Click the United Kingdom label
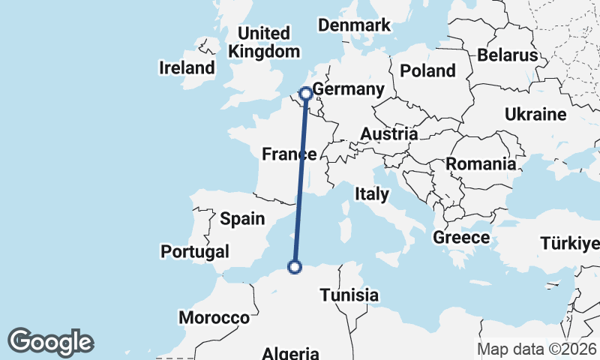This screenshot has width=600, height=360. tap(263, 43)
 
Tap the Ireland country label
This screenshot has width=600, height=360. tap(187, 68)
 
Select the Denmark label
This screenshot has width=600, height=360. tap(354, 25)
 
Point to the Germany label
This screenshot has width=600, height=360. tap(348, 90)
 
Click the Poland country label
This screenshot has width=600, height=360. tap(427, 71)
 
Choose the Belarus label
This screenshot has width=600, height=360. tap(508, 55)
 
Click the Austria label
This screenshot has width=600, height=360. tap(388, 134)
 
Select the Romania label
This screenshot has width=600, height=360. tap(481, 164)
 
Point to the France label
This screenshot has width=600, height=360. tap(288, 154)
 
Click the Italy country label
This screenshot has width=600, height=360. tap(372, 194)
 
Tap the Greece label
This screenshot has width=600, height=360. tap(461, 238)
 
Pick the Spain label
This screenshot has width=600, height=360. tap(242, 219)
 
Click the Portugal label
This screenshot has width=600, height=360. tap(195, 251)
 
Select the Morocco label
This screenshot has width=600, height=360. tap(214, 318)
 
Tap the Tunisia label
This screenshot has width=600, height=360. tap(349, 295)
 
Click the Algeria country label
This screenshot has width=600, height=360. tap(291, 353)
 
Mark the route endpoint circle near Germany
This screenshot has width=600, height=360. tap(306, 94)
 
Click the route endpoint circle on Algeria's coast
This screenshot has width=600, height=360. tap(295, 266)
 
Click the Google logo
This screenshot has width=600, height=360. tap(50, 342)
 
